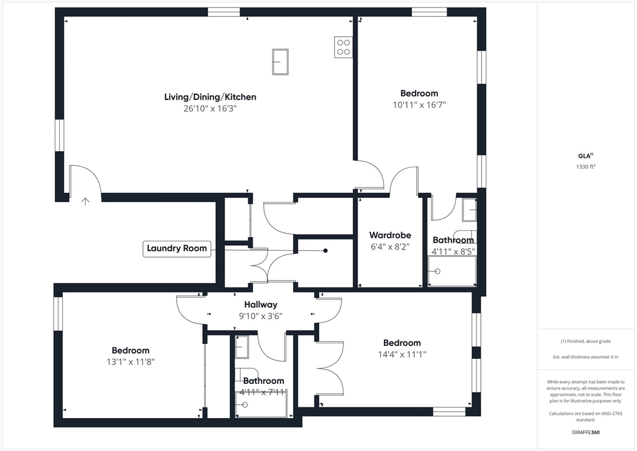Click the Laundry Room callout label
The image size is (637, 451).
click(x=177, y=248)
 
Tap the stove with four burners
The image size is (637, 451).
click(x=343, y=47)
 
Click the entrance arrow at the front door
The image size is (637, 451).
click(x=85, y=200)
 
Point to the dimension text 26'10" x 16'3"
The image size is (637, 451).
click(x=210, y=108)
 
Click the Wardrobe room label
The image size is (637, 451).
click(x=390, y=235)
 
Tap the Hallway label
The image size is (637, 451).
click(x=261, y=305)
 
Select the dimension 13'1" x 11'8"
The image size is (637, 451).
click(x=131, y=361)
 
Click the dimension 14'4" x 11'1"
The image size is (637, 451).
click(x=402, y=354)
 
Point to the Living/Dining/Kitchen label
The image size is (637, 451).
click(x=210, y=97)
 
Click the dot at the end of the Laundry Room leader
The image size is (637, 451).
click(x=325, y=251)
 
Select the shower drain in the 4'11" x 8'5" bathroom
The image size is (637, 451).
click(x=437, y=271)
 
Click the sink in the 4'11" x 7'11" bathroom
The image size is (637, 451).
click(x=241, y=346)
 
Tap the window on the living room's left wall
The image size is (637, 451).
click(x=60, y=135)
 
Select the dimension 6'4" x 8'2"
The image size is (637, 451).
click(x=390, y=246)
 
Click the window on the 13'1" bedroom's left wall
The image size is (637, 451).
click(x=58, y=313)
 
